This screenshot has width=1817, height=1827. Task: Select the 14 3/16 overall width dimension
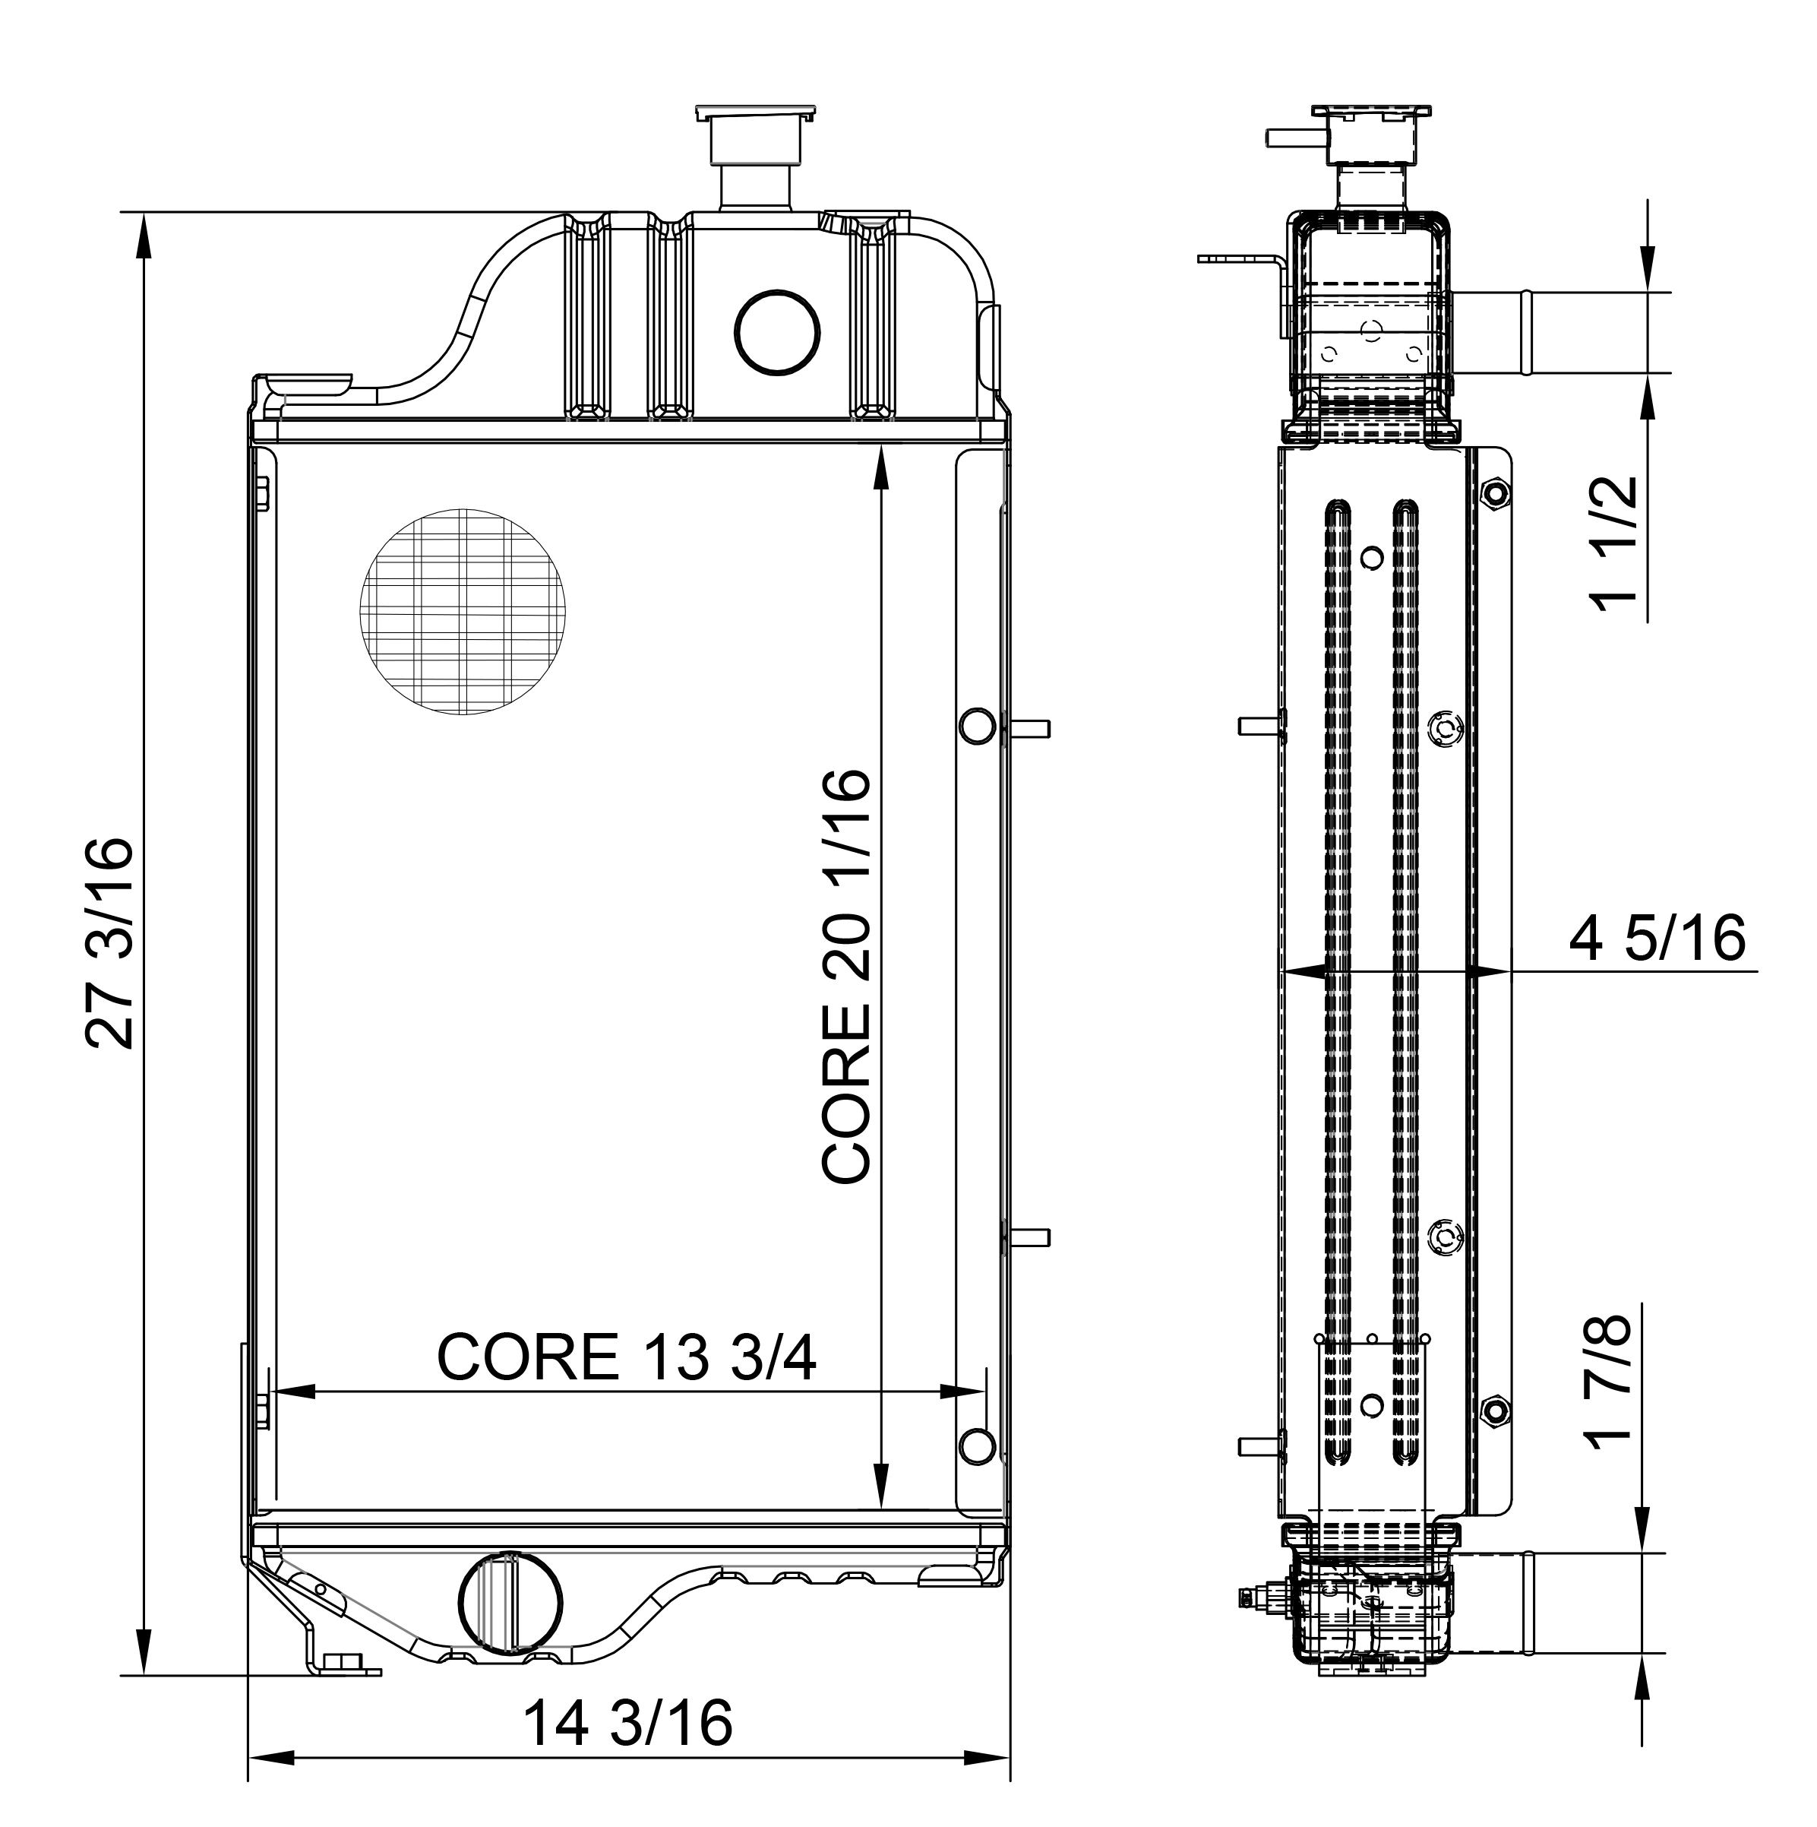[x=627, y=1723]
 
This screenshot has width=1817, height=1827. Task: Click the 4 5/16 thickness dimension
[x=1656, y=939]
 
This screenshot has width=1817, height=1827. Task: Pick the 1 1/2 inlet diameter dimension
[x=1613, y=543]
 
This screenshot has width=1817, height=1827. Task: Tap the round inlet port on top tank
[x=777, y=332]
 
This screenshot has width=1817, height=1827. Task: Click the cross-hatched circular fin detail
[x=463, y=612]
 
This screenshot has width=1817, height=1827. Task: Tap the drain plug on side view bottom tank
[x=1253, y=1597]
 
